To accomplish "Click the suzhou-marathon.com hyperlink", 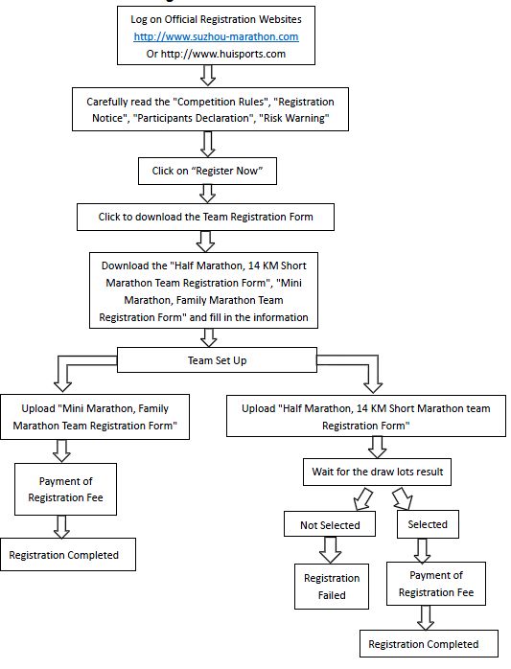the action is [x=216, y=36].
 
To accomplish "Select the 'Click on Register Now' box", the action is [x=207, y=172].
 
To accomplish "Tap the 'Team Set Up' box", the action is [x=217, y=360].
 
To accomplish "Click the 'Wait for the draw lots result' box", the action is [x=377, y=472].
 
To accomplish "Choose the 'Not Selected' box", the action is [x=330, y=524].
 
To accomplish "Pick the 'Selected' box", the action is [x=428, y=524].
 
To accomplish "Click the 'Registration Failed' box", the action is [x=332, y=587].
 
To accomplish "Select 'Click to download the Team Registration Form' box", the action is [x=205, y=217].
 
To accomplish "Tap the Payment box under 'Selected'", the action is [x=436, y=584].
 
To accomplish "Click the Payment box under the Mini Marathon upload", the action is [x=66, y=489].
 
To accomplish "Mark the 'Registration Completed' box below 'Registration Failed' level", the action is [x=429, y=643].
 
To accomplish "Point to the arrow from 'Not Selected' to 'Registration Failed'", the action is [x=330, y=550].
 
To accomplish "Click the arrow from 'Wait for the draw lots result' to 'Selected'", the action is [x=403, y=498].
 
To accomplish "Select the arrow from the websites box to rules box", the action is [x=208, y=76].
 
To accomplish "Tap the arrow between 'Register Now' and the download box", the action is [x=207, y=194].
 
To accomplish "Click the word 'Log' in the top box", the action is [x=138, y=19].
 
